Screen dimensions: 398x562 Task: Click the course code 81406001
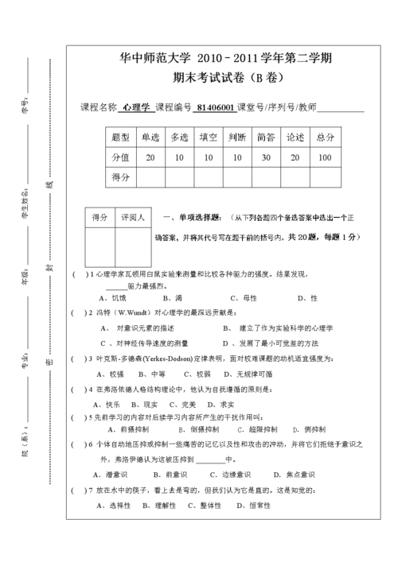(215, 108)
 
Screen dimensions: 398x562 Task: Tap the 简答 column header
(266, 138)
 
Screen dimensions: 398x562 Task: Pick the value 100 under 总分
(325, 157)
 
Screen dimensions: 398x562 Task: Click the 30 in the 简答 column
(266, 157)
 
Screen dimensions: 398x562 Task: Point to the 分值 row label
(121, 157)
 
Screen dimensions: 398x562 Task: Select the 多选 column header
(179, 138)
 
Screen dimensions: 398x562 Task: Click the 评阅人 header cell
(131, 217)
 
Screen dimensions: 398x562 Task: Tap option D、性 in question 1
(308, 297)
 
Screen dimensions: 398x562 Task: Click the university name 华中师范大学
(148, 59)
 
